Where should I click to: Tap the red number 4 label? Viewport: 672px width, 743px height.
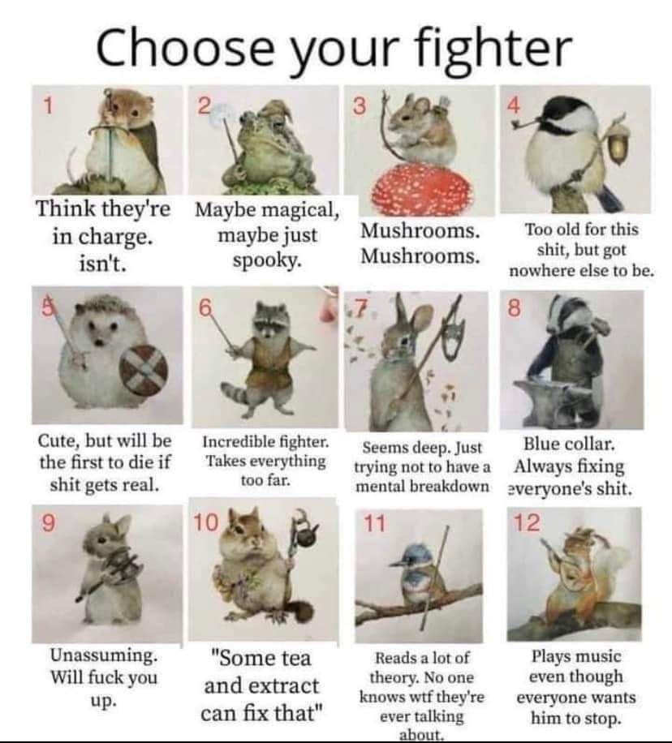[514, 105]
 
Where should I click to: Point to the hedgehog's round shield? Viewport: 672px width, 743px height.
[142, 371]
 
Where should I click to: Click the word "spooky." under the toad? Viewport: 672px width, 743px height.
[267, 260]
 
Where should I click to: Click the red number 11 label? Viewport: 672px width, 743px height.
[374, 524]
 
